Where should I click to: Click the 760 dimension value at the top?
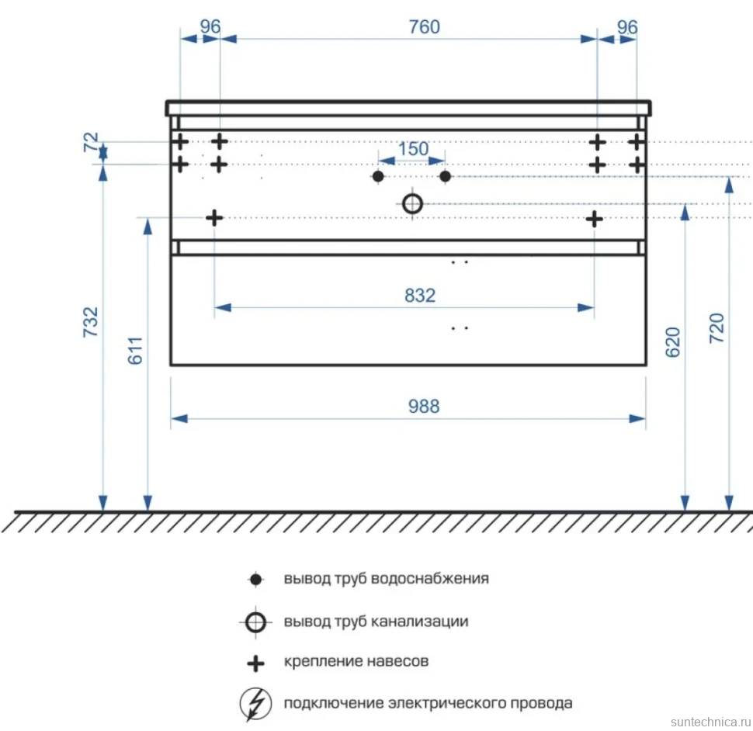point(424,27)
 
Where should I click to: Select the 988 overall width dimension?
point(424,407)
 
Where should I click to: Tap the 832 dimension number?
point(420,296)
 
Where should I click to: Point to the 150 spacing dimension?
point(413,149)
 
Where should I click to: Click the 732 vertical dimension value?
point(91,322)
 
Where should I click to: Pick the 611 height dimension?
point(135,351)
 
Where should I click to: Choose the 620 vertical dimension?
point(673,342)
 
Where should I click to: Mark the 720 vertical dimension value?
point(717,327)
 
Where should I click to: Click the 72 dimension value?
point(91,143)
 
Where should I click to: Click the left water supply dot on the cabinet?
point(378,177)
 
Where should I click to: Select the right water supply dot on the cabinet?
point(445,177)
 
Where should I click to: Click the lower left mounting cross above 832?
point(214,218)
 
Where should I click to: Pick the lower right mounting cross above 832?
point(594,220)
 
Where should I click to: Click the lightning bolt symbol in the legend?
point(255,704)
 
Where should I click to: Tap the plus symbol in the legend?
point(255,663)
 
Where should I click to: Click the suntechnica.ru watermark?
point(711,722)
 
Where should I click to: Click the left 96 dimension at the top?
point(210,27)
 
